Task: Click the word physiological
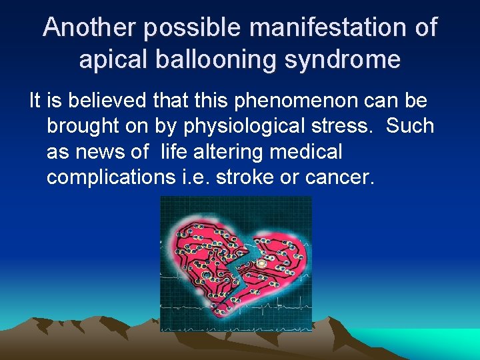(243, 126)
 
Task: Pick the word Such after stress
(410, 126)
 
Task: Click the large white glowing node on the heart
(261, 264)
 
